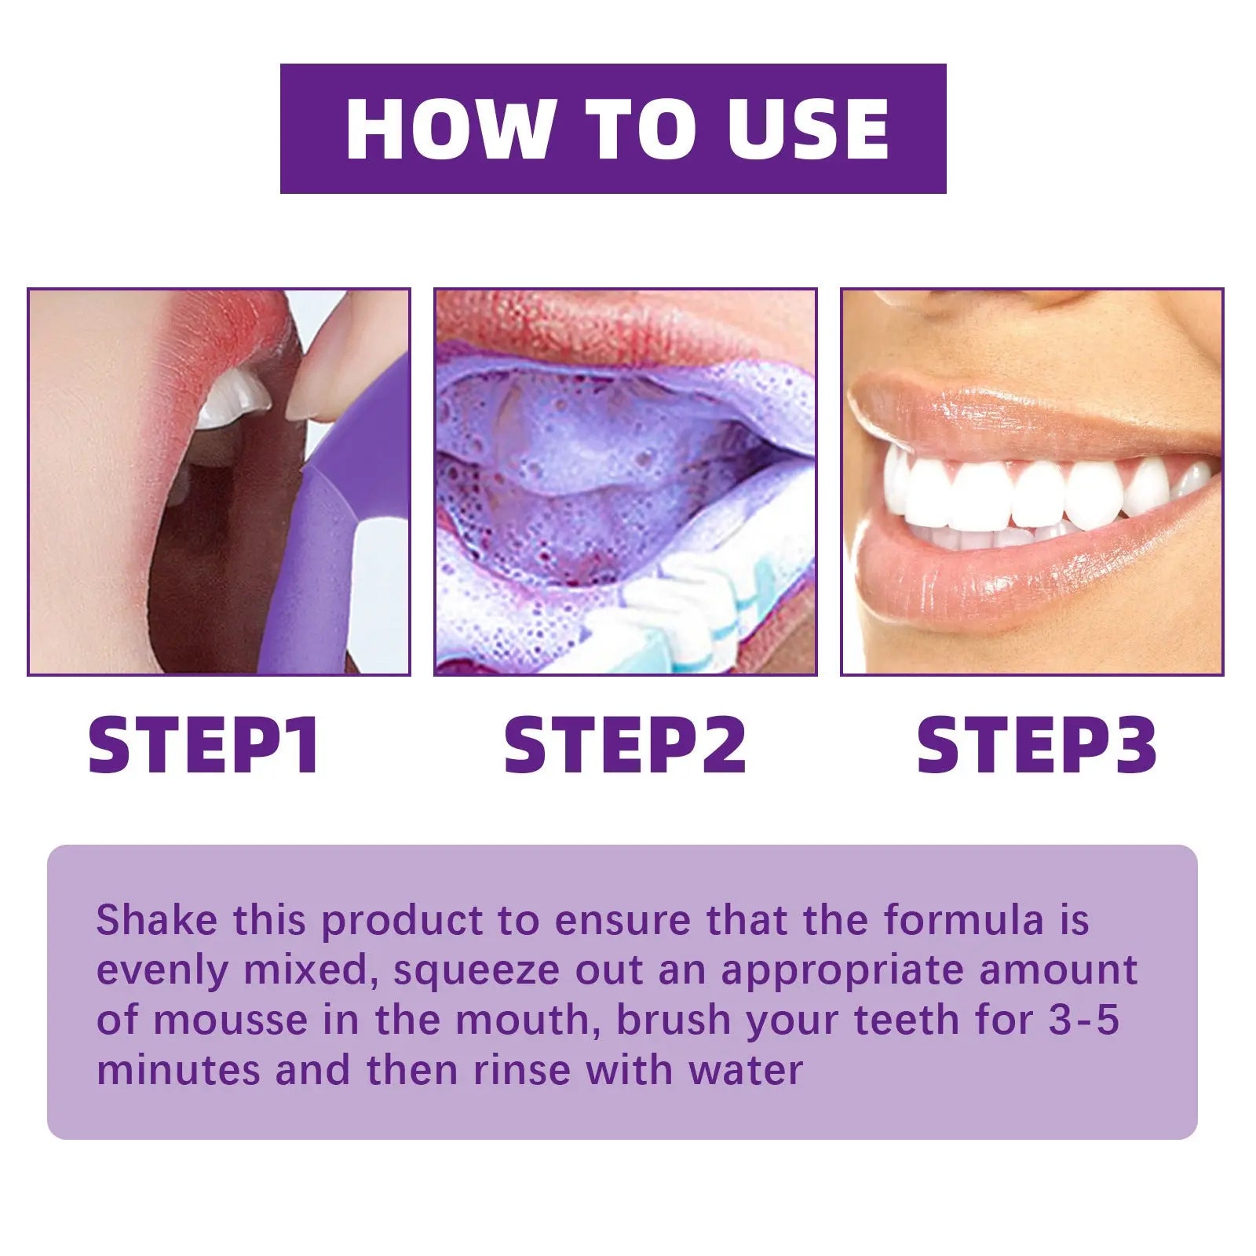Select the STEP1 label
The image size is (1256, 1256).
(204, 745)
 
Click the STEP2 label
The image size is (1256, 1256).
(625, 745)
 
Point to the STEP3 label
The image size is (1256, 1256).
(1036, 745)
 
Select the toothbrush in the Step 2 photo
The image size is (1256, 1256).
(691, 620)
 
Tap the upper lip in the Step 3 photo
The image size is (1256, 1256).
(1020, 416)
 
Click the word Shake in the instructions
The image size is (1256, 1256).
(156, 920)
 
